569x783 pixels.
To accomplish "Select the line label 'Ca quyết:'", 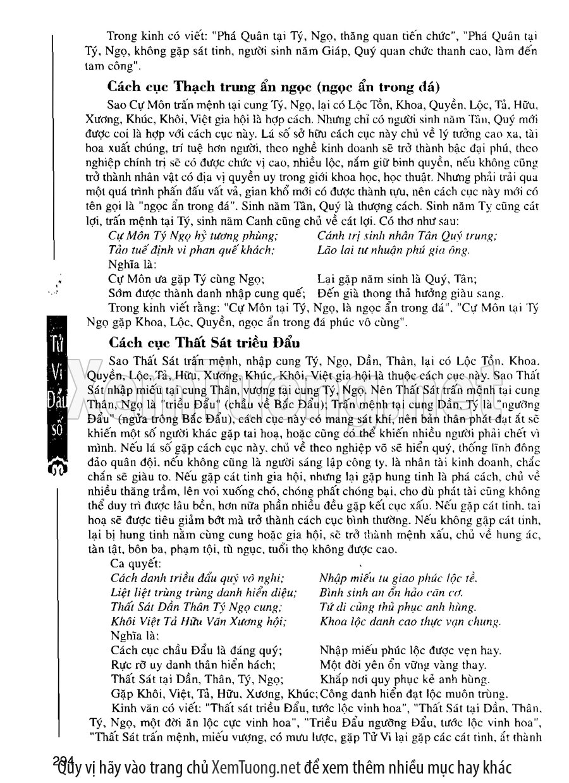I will point(136,562).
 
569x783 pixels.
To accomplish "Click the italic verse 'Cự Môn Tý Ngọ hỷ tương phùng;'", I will point(193,236).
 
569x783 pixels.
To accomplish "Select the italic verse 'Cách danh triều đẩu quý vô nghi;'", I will point(197,578).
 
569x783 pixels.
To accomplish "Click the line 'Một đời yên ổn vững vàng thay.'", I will point(403,665).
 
